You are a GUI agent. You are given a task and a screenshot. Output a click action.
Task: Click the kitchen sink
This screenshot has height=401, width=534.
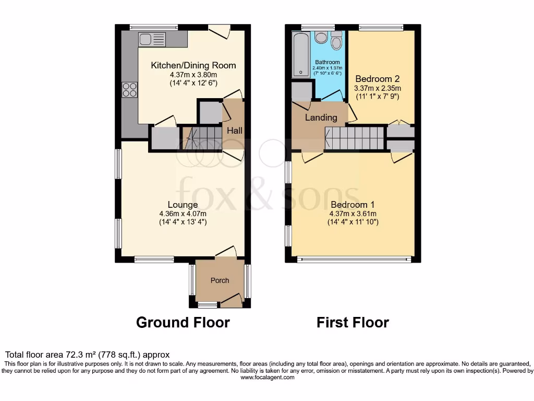click(x=152, y=39)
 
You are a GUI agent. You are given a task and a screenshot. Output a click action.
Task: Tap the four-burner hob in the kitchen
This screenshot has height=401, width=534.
click(x=130, y=90)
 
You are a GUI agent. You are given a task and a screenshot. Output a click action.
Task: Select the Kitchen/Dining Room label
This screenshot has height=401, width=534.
click(x=193, y=65)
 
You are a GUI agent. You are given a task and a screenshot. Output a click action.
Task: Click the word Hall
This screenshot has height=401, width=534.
click(x=234, y=131)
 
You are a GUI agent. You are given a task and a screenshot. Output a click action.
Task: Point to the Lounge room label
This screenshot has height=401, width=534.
click(x=183, y=205)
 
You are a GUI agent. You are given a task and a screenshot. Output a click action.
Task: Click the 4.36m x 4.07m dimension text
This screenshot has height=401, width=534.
click(x=183, y=214)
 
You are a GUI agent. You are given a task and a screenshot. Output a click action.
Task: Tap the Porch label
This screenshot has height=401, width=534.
click(x=220, y=280)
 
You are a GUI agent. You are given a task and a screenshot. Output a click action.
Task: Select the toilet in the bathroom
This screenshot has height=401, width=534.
click(x=336, y=41)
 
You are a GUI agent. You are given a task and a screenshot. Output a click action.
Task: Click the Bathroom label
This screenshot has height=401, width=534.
click(x=327, y=63)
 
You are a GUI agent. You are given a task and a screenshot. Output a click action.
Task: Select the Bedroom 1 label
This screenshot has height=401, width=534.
click(x=353, y=205)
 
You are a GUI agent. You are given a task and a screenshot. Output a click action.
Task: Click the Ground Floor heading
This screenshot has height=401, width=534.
click(x=183, y=322)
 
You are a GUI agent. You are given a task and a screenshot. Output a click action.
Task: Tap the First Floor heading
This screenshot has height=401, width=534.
click(x=353, y=322)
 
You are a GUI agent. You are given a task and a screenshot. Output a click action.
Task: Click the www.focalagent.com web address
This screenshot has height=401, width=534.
click(x=267, y=377)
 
